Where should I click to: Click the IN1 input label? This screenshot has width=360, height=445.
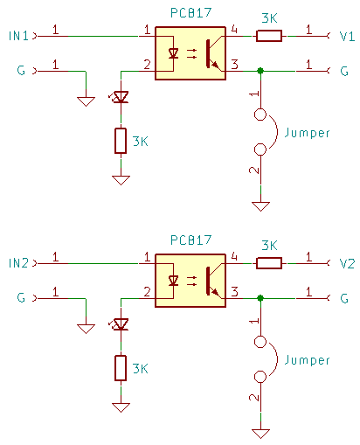[x=18, y=36]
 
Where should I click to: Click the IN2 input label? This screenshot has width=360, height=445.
[x=18, y=263]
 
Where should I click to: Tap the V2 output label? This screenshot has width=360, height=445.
[x=347, y=263]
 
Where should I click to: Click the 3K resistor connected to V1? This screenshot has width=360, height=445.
[x=269, y=36]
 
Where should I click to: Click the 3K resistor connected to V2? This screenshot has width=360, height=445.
[x=269, y=263]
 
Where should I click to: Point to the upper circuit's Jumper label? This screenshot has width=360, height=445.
[x=307, y=133]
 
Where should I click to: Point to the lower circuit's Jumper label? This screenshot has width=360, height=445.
[x=307, y=360]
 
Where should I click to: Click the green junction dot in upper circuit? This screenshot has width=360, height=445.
[x=260, y=70]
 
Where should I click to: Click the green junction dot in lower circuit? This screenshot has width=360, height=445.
[x=260, y=298]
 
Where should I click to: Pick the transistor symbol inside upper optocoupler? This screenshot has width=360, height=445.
[x=212, y=53]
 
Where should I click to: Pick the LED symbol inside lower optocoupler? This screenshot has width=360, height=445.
[x=173, y=281]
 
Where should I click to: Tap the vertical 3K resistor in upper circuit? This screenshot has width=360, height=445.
[x=121, y=141]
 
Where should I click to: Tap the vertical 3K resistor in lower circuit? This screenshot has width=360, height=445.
[x=121, y=368]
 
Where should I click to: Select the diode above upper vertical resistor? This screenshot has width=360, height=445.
[x=121, y=97]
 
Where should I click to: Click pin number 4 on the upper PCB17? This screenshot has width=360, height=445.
[x=233, y=31]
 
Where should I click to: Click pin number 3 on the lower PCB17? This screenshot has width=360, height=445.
[x=233, y=292]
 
